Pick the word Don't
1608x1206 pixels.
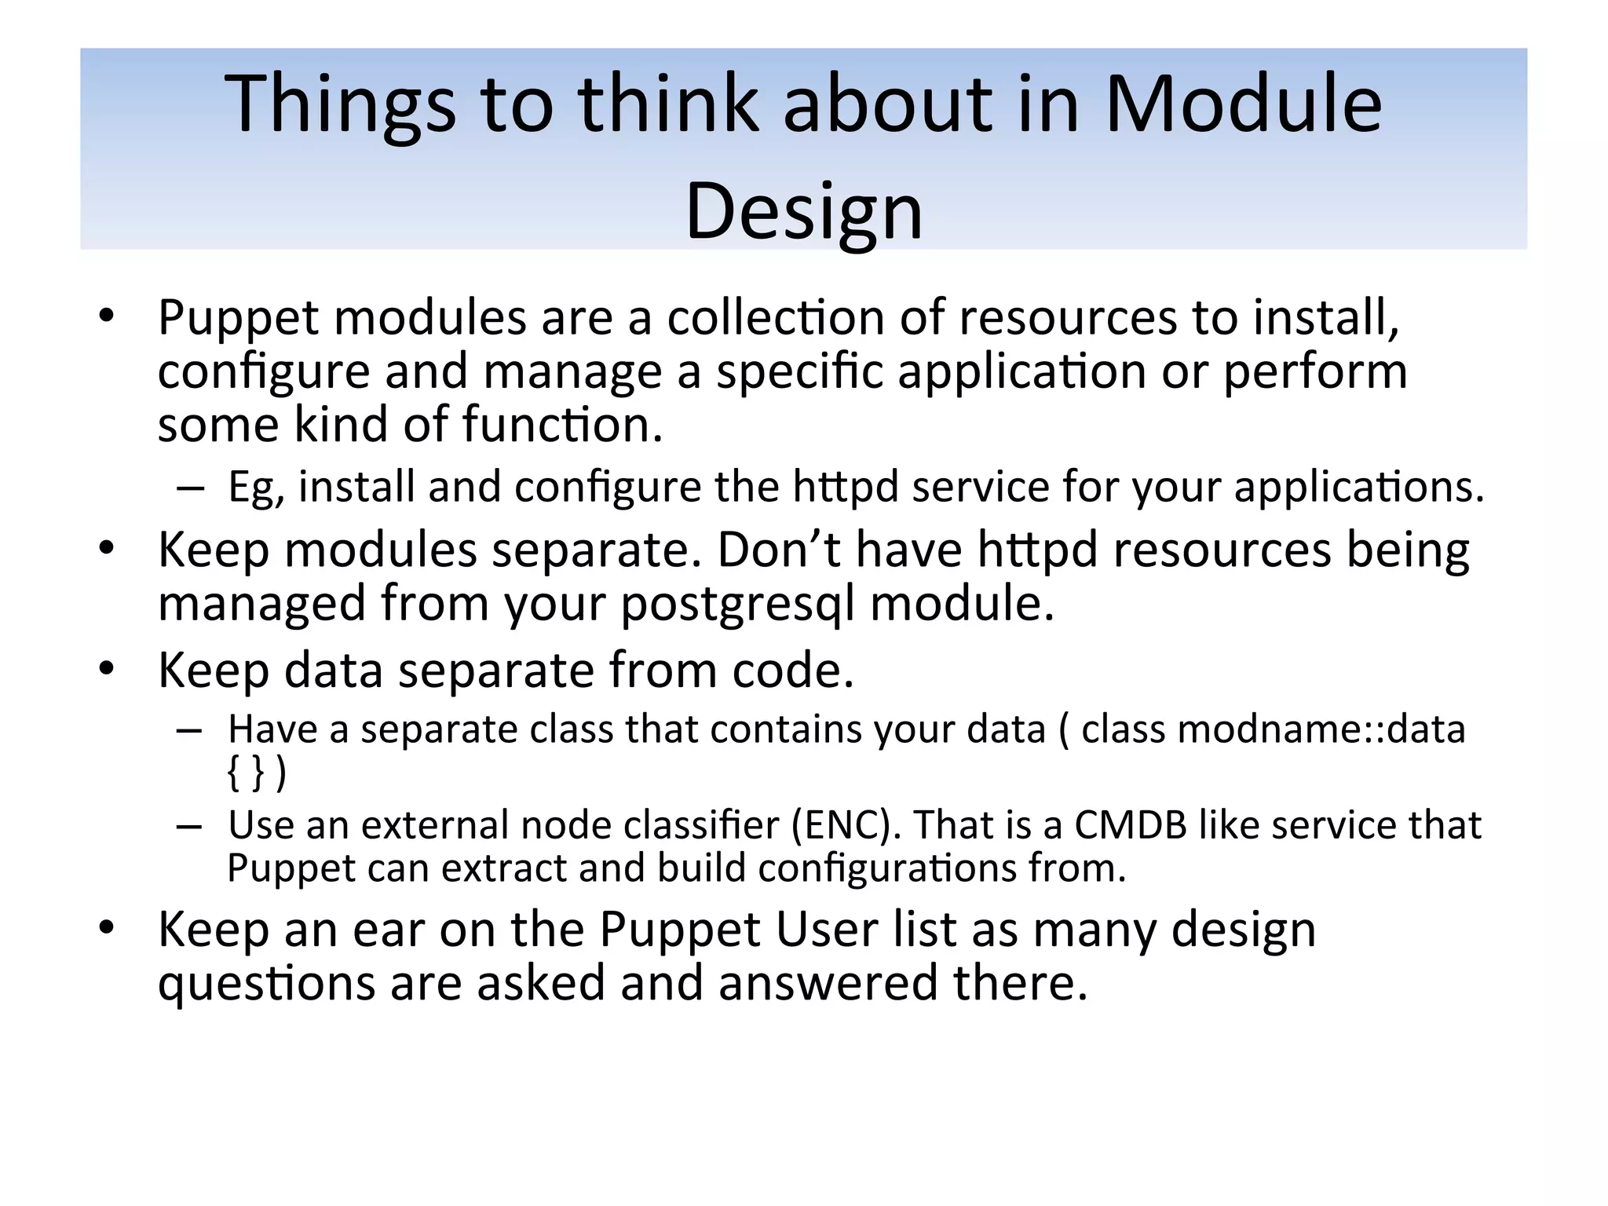(778, 550)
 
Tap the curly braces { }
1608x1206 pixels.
(245, 773)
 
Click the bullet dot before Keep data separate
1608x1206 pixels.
(107, 669)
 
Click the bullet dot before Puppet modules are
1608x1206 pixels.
(107, 316)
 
